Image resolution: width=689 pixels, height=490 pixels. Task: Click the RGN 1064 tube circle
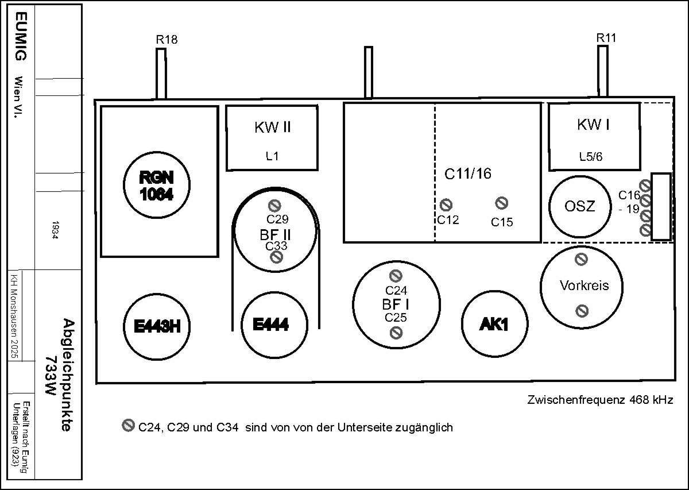(156, 186)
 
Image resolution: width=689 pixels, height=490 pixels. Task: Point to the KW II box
(272, 138)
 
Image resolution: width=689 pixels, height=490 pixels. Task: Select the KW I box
(594, 136)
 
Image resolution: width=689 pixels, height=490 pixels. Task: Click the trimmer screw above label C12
(446, 205)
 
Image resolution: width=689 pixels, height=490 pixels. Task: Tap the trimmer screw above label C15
(501, 203)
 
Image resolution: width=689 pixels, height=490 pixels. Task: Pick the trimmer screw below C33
(276, 257)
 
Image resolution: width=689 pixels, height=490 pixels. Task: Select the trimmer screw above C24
(396, 276)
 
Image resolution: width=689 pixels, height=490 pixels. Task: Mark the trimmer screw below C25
(396, 332)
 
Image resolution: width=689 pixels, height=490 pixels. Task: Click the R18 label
(167, 40)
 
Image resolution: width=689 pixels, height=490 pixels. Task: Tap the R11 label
(606, 38)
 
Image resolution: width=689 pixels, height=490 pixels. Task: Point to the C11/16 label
(469, 173)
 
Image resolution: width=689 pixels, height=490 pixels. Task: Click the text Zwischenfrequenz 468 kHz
(599, 400)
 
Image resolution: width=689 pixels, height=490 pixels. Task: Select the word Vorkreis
(584, 285)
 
